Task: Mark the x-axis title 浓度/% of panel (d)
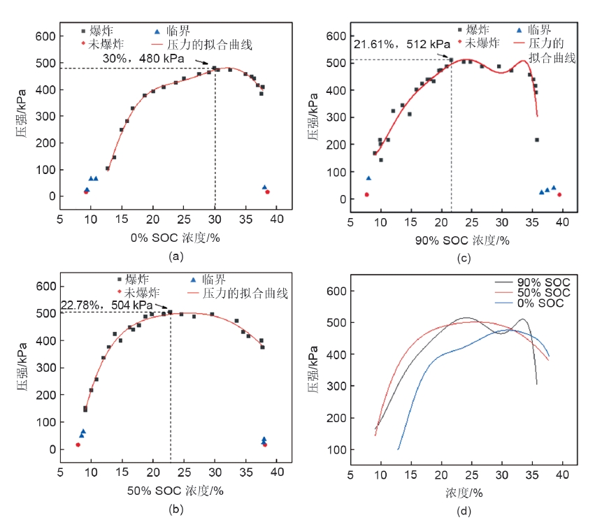[x=464, y=493]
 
